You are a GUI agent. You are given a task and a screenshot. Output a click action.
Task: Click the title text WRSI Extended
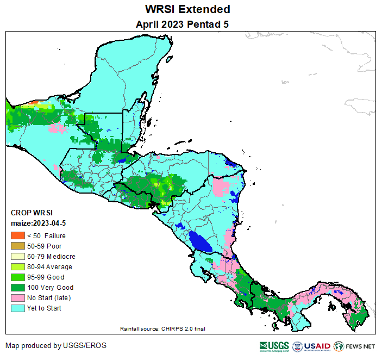coord(187,9)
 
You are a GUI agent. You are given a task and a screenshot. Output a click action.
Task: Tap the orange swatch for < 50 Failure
coord(17,235)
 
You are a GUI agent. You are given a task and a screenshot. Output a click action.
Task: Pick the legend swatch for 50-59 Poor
coord(17,246)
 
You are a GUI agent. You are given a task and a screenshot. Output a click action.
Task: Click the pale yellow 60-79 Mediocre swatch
coord(17,256)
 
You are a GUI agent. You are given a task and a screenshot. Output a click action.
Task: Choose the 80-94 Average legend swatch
coord(17,266)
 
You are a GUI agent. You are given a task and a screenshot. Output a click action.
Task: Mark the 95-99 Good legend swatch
coord(17,277)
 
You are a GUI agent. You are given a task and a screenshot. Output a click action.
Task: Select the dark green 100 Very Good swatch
coord(17,287)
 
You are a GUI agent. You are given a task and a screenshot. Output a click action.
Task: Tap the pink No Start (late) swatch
coord(17,297)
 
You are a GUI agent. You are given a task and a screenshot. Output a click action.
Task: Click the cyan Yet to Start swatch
coord(17,308)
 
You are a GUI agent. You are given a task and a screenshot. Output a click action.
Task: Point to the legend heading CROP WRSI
coord(32,213)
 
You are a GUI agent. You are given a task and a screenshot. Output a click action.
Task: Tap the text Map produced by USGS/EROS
coord(56,346)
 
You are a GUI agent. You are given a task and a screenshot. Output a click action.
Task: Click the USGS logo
coord(274,346)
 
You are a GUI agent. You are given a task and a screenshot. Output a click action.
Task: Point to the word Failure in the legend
coord(55,235)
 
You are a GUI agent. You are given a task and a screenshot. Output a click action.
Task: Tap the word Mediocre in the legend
coord(61,256)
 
